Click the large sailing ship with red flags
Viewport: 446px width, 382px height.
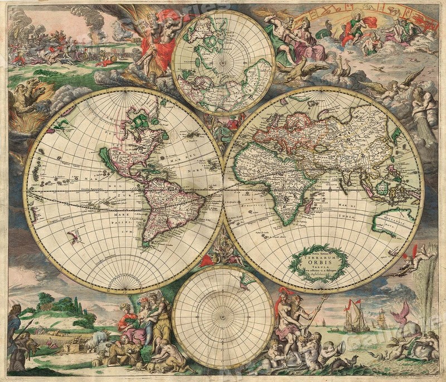[x=356, y=317]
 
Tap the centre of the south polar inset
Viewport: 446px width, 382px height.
[x=223, y=317]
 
